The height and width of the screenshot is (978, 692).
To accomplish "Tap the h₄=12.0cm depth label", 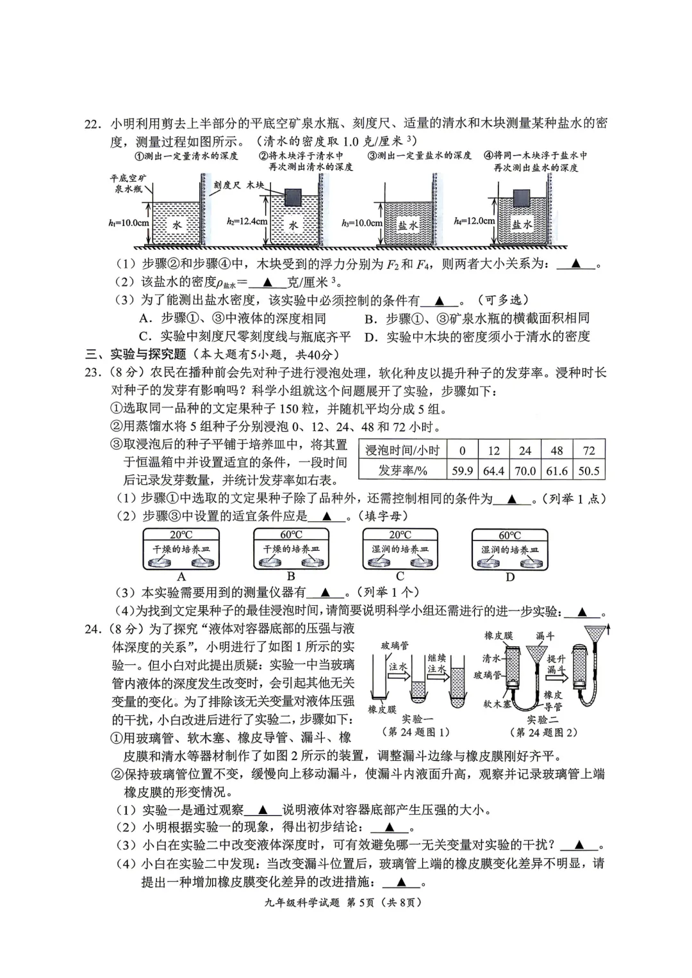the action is tap(474, 221).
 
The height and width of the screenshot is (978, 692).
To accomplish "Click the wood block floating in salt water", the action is tap(522, 197).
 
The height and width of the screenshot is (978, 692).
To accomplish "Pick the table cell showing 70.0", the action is tap(525, 471).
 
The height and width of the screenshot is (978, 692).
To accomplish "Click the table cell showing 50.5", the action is tap(589, 471).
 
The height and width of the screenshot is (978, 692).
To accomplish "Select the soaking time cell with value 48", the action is tap(556, 450).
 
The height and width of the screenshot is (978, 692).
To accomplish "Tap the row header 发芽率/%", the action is tap(402, 471).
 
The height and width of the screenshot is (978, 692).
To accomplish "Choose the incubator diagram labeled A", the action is tap(181, 550).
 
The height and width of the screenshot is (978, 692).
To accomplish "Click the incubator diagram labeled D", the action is tap(510, 550).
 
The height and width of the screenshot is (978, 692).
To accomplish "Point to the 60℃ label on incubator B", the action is tap(291, 535).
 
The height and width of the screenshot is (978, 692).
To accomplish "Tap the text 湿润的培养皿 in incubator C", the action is tap(400, 550).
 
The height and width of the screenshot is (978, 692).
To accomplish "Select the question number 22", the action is tap(94, 124).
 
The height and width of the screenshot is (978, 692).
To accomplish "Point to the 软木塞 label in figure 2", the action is tap(496, 703).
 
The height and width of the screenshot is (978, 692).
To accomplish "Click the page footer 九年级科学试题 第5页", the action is tap(320, 902).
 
